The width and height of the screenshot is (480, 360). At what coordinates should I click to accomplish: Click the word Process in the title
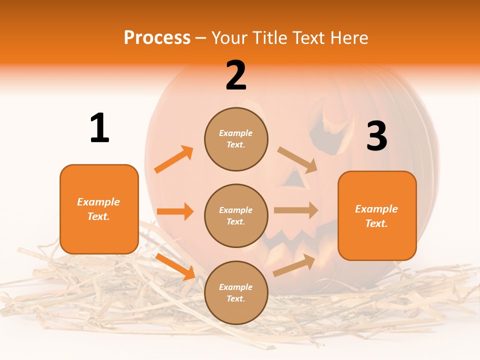(157, 38)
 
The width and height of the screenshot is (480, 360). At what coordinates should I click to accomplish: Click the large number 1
(99, 128)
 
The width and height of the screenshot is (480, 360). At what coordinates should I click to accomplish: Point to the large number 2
(236, 75)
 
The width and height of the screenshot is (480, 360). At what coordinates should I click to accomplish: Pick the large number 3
(376, 136)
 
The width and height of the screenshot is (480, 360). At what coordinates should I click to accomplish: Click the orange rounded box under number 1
(99, 209)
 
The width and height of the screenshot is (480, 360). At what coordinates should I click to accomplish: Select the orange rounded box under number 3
(377, 215)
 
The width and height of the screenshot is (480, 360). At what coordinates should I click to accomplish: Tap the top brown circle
(236, 139)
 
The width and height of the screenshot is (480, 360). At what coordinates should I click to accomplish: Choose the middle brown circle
(236, 215)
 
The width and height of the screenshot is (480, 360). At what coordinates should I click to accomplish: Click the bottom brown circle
(236, 292)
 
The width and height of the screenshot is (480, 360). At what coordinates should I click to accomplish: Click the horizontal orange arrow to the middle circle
(175, 211)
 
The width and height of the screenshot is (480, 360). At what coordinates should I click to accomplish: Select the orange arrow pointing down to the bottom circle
(175, 266)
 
